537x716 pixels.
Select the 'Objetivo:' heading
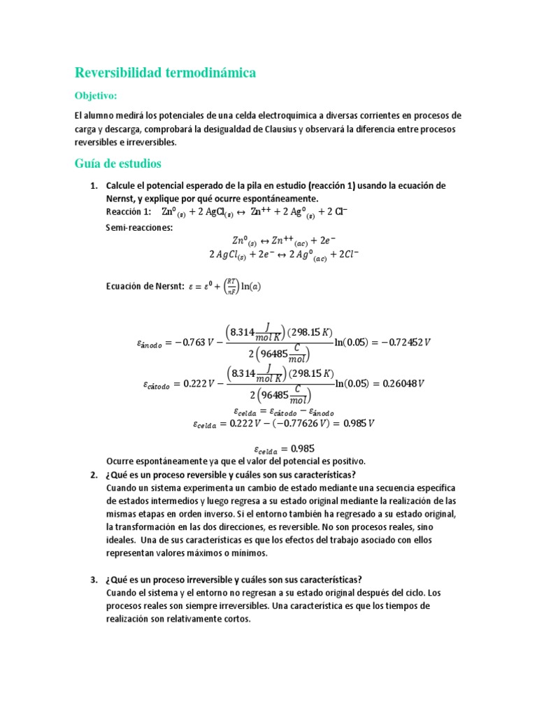click(96, 95)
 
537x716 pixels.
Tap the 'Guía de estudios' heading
click(117, 164)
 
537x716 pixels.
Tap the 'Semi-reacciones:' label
click(138, 228)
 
